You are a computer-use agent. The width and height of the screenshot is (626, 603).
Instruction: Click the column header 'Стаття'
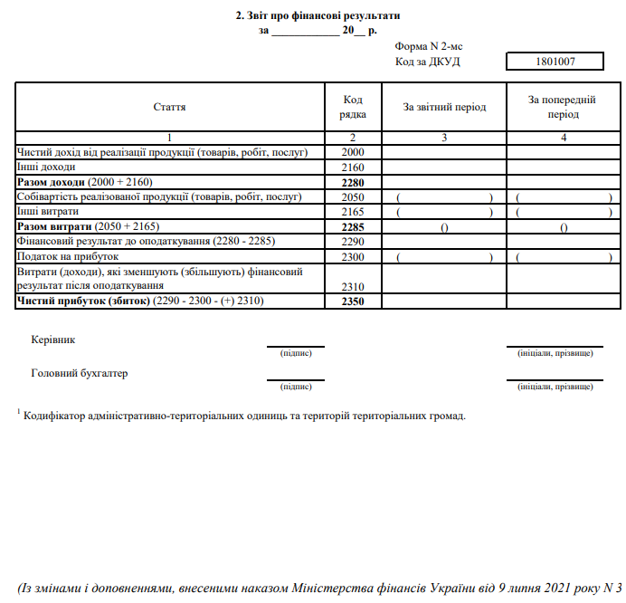point(170,108)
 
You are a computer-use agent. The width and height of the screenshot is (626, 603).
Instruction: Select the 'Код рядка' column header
point(353,108)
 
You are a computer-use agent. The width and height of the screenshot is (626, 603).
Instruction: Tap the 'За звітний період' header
point(444,108)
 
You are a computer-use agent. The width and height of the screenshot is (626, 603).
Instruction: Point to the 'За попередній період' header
point(563,108)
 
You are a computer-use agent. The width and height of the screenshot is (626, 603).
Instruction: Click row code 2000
point(353,152)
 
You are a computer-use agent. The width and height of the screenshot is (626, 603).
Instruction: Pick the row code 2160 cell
point(353,167)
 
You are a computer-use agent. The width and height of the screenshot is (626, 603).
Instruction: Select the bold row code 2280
point(353,182)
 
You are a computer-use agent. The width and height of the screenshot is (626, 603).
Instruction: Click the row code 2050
point(353,197)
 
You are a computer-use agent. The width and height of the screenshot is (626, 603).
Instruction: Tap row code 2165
point(353,212)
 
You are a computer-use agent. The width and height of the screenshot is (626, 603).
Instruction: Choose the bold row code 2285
point(353,226)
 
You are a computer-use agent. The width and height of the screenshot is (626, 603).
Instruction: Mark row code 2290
point(353,242)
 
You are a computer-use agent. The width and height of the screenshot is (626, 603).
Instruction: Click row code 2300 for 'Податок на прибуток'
point(353,256)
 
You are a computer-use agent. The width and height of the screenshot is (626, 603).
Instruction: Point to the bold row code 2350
point(353,301)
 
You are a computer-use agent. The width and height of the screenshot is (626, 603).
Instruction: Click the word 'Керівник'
point(53,340)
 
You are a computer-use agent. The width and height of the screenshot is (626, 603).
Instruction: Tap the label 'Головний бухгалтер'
point(80,373)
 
